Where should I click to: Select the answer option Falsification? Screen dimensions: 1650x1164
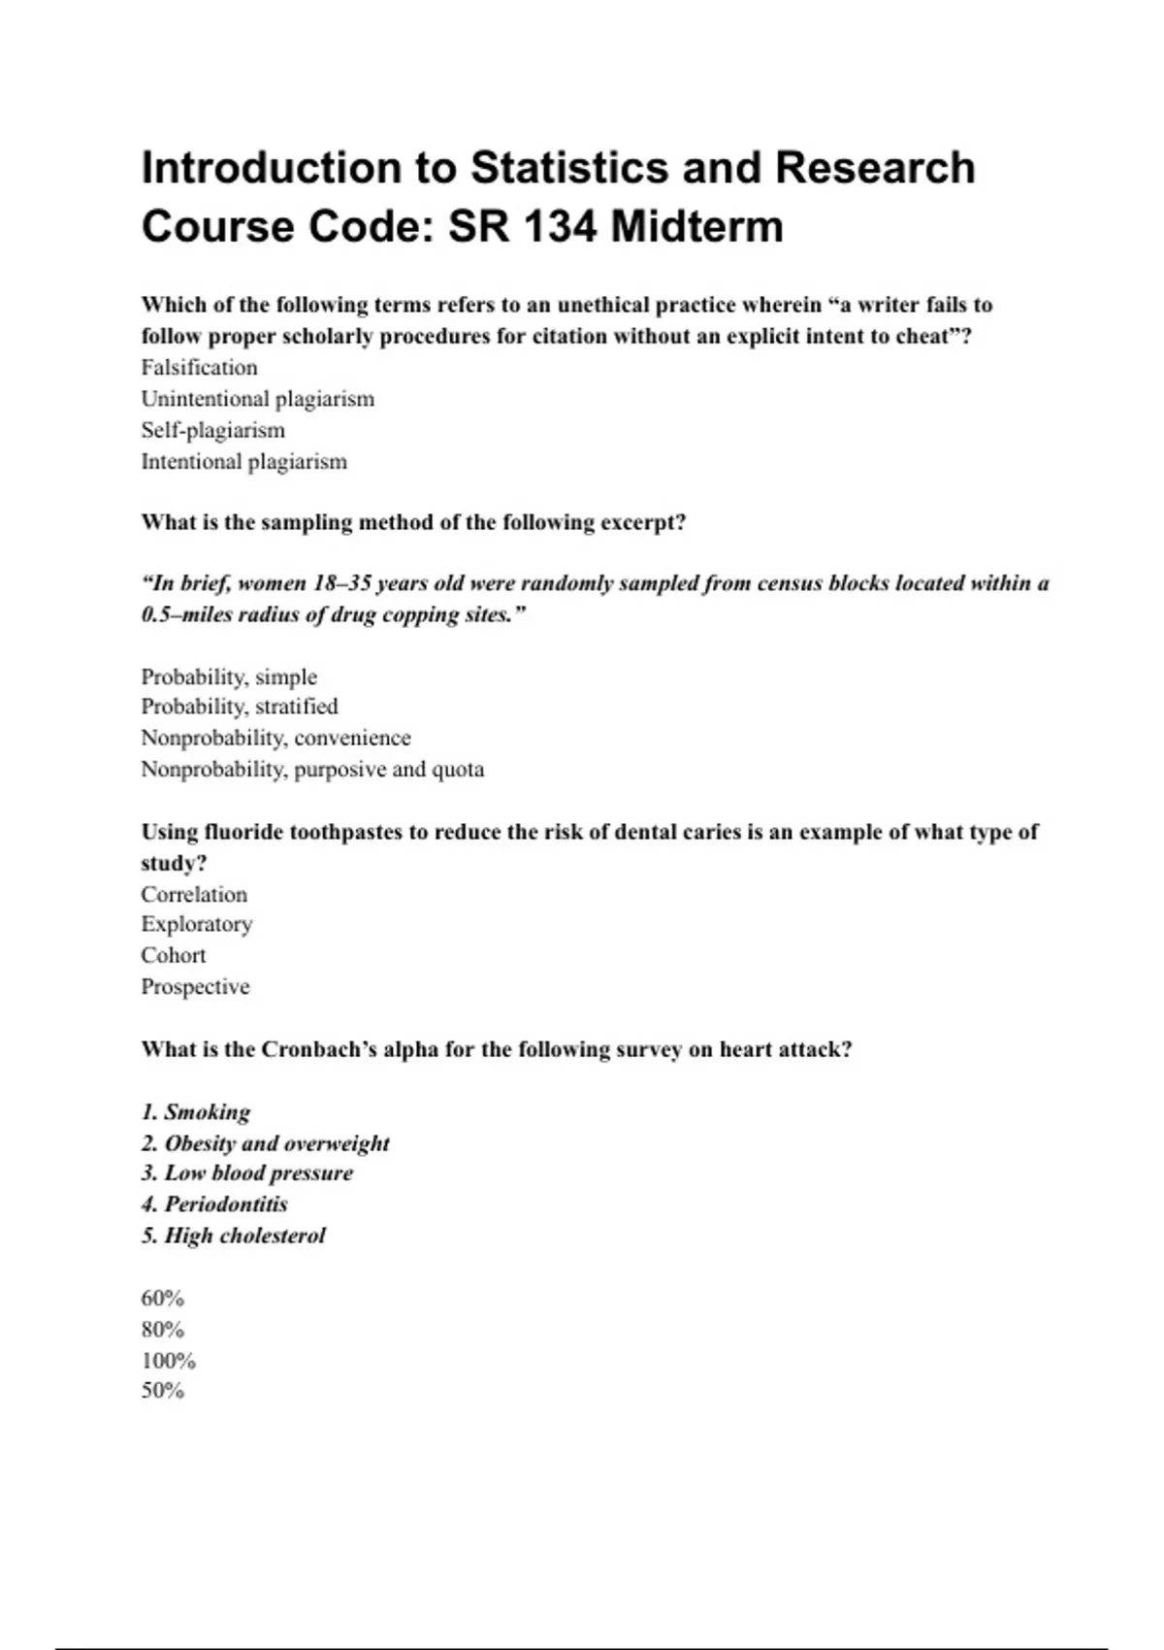(x=199, y=368)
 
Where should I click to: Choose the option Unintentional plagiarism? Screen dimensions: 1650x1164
(x=257, y=399)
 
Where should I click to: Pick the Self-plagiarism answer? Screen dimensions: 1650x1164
(x=212, y=430)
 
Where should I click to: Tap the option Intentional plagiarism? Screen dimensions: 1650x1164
(x=243, y=462)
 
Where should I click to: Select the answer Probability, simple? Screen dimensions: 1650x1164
(x=229, y=676)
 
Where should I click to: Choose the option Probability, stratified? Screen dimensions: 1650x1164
(x=240, y=707)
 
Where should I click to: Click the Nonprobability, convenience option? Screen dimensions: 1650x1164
(x=275, y=738)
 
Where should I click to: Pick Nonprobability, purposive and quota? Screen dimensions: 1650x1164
(x=312, y=770)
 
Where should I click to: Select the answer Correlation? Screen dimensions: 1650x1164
(x=194, y=894)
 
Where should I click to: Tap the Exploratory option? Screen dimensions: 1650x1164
(x=196, y=924)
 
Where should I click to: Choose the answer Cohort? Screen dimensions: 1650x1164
(x=174, y=955)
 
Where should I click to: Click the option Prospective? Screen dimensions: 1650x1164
(x=195, y=987)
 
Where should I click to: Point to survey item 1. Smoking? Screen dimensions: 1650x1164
(x=196, y=1112)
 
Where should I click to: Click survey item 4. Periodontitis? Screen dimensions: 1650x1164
(x=214, y=1204)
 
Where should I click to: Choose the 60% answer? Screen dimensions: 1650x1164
(x=162, y=1299)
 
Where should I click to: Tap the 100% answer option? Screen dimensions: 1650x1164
(x=168, y=1361)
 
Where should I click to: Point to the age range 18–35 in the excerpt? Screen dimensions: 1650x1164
(x=340, y=583)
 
